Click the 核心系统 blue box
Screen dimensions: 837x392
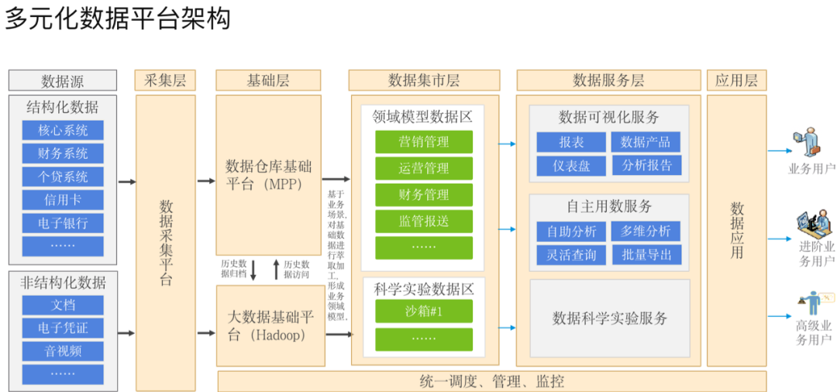pyautogui.click(x=63, y=130)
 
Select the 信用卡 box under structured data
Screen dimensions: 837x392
pyautogui.click(x=63, y=200)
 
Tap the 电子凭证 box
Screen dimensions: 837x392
pyautogui.click(x=63, y=328)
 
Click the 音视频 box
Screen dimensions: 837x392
pyautogui.click(x=63, y=351)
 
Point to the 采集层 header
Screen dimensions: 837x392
pyautogui.click(x=166, y=81)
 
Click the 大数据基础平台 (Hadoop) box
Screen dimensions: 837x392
pyautogui.click(x=268, y=326)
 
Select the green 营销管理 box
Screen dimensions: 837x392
pyautogui.click(x=423, y=142)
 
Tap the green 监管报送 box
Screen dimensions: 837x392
pyautogui.click(x=423, y=222)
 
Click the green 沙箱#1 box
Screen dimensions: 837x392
pyautogui.click(x=423, y=311)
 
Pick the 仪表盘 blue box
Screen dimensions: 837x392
pyautogui.click(x=571, y=166)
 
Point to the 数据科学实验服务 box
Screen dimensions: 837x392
pyautogui.click(x=610, y=318)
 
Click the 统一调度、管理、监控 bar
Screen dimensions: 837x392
pyautogui.click(x=491, y=381)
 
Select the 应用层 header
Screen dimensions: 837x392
pyautogui.click(x=735, y=81)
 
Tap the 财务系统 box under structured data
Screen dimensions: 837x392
pyautogui.click(x=63, y=153)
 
